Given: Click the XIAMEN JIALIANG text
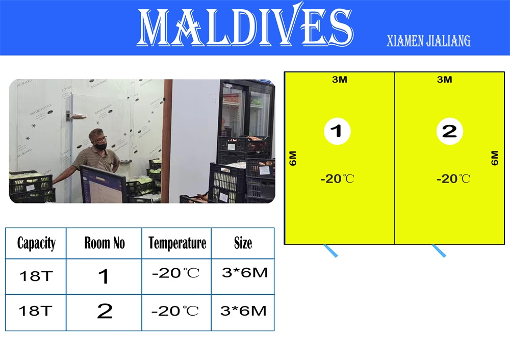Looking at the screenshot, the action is [428, 41].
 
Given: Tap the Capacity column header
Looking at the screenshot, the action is [36, 243].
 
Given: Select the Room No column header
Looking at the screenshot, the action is [105, 243].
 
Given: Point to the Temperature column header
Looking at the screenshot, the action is [177, 243].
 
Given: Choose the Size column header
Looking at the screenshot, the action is [243, 243].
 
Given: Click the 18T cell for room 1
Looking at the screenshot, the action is [36, 276].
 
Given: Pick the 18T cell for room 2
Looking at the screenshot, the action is [36, 311].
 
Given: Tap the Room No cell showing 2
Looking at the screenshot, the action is [105, 311].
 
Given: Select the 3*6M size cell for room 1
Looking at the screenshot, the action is [245, 272].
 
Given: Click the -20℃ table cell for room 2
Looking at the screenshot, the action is [175, 311].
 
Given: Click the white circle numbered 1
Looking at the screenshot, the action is [337, 131].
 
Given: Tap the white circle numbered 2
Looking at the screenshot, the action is [449, 131].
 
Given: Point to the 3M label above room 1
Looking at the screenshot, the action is [340, 80].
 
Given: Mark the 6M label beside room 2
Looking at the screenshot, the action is [494, 158].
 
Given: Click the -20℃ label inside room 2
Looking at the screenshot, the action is [453, 178].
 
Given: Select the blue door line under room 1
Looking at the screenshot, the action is [330, 251].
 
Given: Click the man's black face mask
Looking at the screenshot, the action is [101, 146].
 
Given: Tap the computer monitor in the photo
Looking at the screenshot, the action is [103, 184].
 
